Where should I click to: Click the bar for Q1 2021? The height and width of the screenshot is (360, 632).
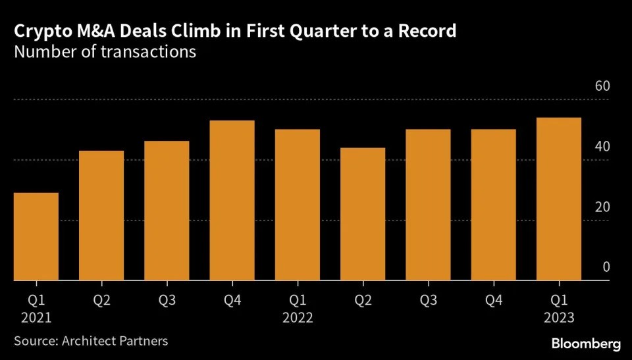click(36, 237)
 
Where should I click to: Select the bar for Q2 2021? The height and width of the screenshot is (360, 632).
click(101, 216)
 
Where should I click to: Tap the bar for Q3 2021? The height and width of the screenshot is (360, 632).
click(167, 211)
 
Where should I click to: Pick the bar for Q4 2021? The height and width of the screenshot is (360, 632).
click(232, 201)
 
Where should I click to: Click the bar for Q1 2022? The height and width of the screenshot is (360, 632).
click(297, 205)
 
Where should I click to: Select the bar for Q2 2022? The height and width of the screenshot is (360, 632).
click(363, 214)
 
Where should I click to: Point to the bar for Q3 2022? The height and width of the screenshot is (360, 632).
click(428, 205)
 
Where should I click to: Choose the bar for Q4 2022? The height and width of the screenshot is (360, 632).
click(493, 205)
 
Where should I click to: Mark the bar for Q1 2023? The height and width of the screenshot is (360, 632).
click(558, 199)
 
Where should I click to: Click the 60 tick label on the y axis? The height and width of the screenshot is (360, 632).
click(602, 87)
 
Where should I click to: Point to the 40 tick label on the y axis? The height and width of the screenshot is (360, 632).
click(602, 147)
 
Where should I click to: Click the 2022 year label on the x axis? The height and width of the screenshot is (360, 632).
click(297, 317)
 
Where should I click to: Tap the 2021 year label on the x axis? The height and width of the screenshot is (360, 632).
click(36, 317)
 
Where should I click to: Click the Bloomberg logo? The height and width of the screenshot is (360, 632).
click(586, 344)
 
